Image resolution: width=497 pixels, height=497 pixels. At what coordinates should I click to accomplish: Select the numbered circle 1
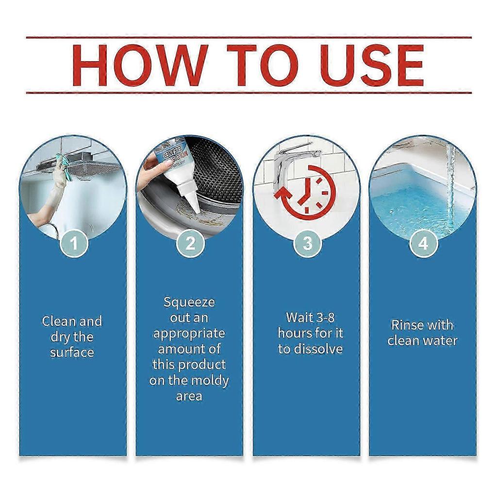coord(74,243)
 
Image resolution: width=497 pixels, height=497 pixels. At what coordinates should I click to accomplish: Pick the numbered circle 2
coord(190,243)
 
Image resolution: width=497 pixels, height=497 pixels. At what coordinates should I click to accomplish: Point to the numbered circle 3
coord(307,243)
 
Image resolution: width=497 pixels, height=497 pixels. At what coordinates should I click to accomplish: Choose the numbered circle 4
coord(423,243)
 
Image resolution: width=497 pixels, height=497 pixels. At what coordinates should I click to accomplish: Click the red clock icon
coord(306,192)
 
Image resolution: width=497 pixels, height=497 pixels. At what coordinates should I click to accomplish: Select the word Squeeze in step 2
coord(189,303)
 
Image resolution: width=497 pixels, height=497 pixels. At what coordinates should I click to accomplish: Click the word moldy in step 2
coord(212,381)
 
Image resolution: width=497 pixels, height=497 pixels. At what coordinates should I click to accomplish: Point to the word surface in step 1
coord(72,352)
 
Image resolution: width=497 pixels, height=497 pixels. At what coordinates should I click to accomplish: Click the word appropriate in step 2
coord(189,334)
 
